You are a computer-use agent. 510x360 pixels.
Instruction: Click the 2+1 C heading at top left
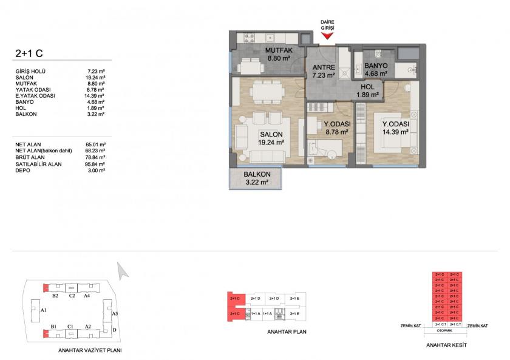tap(29, 53)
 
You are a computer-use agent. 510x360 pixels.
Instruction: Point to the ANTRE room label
tap(324, 67)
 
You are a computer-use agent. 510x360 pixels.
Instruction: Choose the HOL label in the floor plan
tap(367, 87)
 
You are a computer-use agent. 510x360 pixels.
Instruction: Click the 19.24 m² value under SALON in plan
tap(271, 143)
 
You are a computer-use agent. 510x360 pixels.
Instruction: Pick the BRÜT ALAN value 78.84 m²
tap(97, 157)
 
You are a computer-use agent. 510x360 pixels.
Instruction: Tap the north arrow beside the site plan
tap(123, 270)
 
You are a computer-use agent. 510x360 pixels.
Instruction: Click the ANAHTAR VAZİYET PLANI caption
tap(90, 351)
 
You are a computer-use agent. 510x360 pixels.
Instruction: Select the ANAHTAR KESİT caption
tap(447, 344)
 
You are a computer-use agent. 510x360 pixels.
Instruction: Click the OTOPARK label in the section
tap(447, 331)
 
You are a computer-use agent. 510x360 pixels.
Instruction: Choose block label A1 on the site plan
tap(43, 310)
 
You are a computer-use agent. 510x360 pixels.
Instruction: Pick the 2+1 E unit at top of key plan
tap(294, 299)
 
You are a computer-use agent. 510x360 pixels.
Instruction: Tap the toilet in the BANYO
tap(377, 52)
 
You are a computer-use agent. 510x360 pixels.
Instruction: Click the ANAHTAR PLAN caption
tap(287, 332)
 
